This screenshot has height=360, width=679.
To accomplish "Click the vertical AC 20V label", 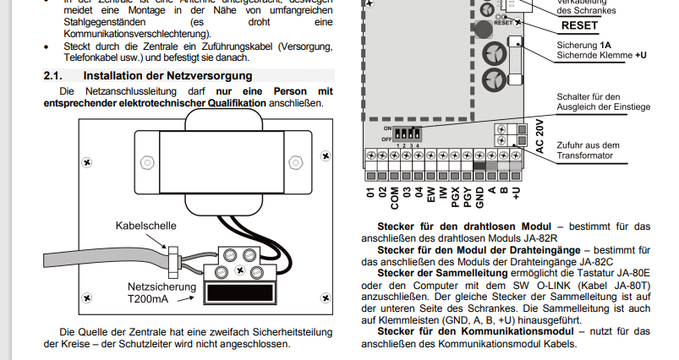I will pyautogui.click(x=539, y=134).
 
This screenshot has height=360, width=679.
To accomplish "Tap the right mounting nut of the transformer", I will pyautogui.click(x=294, y=161).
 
